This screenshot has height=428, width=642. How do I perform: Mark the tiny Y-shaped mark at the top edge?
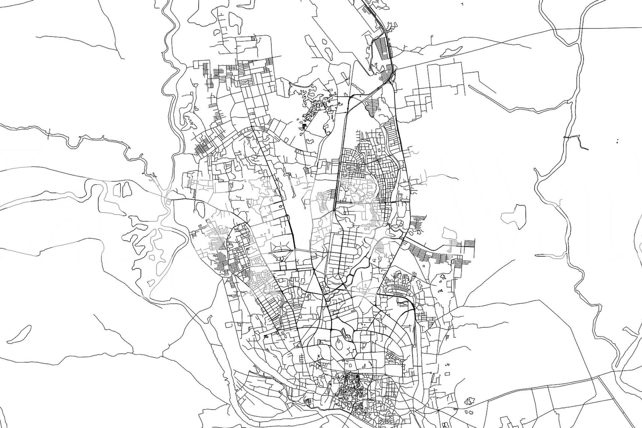point(462,4)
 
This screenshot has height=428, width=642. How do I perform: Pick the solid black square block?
point(304,126)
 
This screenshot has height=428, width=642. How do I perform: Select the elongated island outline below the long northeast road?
point(450,51)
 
